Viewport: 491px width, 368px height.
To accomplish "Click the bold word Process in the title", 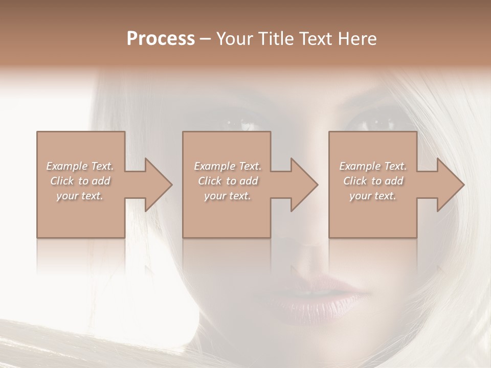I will click(x=161, y=39).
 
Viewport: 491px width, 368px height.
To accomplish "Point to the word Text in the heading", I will click(x=316, y=39).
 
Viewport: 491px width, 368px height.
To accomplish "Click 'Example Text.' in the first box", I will click(x=80, y=166).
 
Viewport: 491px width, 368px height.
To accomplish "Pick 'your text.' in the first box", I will click(x=80, y=196).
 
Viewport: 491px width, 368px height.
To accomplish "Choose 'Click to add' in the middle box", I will click(x=228, y=181).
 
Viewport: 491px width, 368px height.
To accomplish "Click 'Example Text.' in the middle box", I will click(x=228, y=166).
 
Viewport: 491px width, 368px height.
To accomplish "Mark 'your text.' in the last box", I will click(x=373, y=196).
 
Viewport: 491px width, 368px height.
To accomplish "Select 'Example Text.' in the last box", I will click(x=373, y=166).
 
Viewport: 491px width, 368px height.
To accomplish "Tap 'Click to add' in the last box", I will click(x=373, y=181).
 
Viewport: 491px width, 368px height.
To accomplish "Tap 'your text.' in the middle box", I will click(x=228, y=196).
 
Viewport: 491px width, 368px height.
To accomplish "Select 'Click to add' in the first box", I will click(x=80, y=181).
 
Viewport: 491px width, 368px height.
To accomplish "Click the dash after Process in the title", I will click(x=206, y=39).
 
